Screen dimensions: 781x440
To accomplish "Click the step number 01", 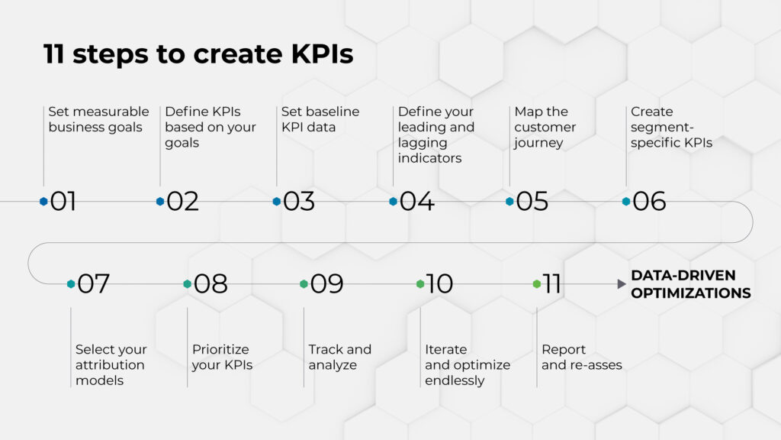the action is (63, 202).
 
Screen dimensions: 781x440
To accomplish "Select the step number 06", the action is (649, 202).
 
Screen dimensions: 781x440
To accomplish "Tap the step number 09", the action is (326, 284).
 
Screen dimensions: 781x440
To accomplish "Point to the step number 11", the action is (551, 284).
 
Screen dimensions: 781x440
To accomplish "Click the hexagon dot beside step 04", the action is (393, 202).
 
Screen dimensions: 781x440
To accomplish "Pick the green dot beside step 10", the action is (420, 284).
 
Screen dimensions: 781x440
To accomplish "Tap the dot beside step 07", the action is (71, 284).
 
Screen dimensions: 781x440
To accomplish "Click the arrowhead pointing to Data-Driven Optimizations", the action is (621, 284).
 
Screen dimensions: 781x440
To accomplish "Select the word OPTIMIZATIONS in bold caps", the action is (691, 293).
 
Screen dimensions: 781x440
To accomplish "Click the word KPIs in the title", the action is (323, 54).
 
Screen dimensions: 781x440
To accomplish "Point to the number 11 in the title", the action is (54, 54).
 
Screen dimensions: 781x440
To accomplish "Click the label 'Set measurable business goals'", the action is (98, 119).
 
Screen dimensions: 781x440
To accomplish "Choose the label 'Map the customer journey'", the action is (545, 128).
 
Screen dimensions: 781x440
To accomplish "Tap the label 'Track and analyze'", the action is (339, 357).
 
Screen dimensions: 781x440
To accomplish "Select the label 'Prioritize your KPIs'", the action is (222, 357).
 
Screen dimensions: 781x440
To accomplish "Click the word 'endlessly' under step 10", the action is (455, 380).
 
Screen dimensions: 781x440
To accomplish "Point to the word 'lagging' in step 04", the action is (423, 143).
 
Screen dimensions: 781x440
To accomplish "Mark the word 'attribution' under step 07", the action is (110, 364).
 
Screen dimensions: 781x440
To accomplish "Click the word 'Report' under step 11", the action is (564, 350).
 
